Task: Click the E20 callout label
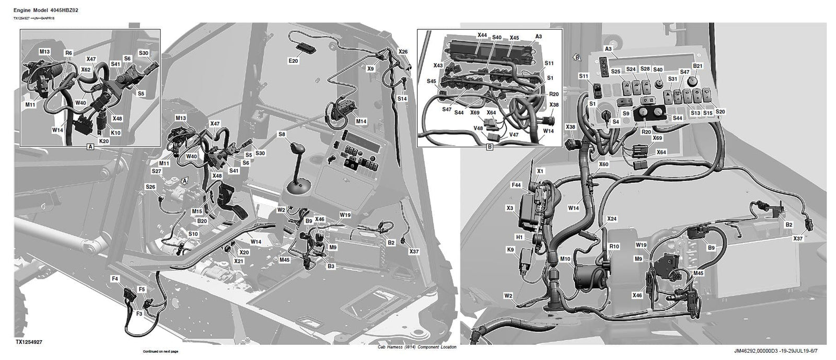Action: coord(293,61)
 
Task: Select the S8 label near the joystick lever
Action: coord(282,135)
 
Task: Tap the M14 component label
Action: coord(361,121)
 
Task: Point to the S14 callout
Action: coord(402,99)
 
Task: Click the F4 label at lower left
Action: coord(115,280)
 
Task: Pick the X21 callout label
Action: coord(239,261)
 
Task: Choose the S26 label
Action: coord(150,187)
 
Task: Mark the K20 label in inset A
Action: coord(104,141)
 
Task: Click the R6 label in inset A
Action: coord(68,53)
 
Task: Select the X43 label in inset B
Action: coord(438,66)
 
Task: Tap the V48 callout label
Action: coord(478,128)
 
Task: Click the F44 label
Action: coord(516,185)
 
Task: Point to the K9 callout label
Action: coord(510,250)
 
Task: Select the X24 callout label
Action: coord(612,219)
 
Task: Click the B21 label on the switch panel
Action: coord(698,66)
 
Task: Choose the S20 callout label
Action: coord(720,112)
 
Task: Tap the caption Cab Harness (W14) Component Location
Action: coord(416,347)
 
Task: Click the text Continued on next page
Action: coord(160,351)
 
